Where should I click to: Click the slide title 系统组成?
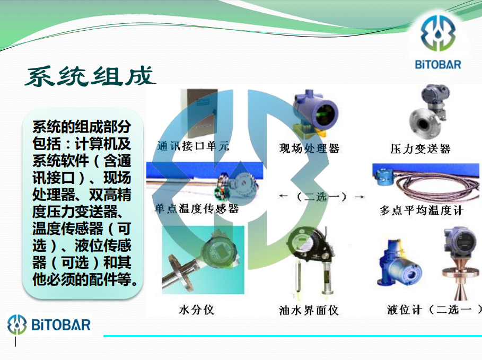pyautogui.click(x=90, y=76)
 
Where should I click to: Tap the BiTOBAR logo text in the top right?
pyautogui.click(x=438, y=65)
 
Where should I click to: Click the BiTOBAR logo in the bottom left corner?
pyautogui.click(x=49, y=324)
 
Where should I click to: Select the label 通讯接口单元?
pyautogui.click(x=194, y=146)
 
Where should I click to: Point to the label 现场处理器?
pyautogui.click(x=309, y=148)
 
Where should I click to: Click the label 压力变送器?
pyautogui.click(x=420, y=149)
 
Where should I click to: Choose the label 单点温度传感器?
pyautogui.click(x=197, y=209)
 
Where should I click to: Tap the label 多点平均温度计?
pyautogui.click(x=422, y=210)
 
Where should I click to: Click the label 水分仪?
pyautogui.click(x=196, y=310)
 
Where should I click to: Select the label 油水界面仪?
pyautogui.click(x=309, y=310)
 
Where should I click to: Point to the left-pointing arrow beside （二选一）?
pyautogui.click(x=283, y=196)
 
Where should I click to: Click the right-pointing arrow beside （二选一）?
pyautogui.click(x=360, y=196)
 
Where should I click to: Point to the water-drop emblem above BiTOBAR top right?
pyautogui.click(x=438, y=33)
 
